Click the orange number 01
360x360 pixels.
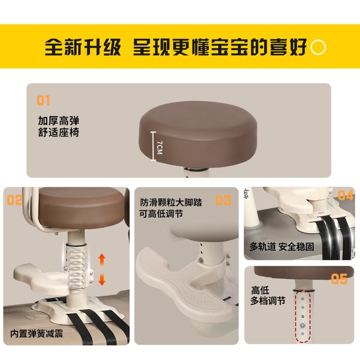(43, 100)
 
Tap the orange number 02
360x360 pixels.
(15, 200)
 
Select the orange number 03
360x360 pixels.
(223, 200)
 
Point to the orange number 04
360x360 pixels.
(345, 195)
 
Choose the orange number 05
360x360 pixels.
(339, 279)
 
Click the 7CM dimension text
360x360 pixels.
(160, 147)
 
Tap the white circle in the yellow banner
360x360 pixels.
(318, 47)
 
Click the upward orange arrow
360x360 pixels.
(102, 260)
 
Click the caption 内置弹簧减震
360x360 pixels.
(37, 334)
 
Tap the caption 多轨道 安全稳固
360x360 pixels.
(282, 246)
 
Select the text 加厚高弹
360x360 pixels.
(58, 121)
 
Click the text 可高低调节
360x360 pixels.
(161, 214)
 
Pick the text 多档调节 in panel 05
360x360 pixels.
(268, 301)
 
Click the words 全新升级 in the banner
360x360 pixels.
(83, 47)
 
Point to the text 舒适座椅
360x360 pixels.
(58, 133)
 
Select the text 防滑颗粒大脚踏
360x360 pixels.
(171, 202)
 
